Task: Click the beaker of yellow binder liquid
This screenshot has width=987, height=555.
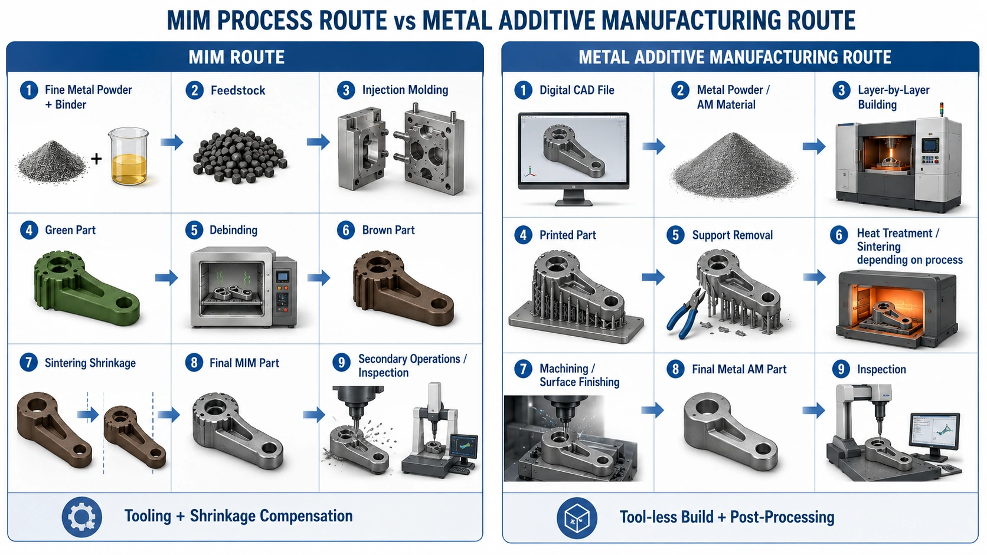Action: click(x=128, y=156)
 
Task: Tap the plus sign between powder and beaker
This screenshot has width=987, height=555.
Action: click(x=96, y=159)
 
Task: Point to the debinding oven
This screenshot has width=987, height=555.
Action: click(x=243, y=287)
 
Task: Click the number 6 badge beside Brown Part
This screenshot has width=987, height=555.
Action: click(x=346, y=230)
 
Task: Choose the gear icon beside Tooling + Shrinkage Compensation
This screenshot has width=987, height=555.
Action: click(x=82, y=517)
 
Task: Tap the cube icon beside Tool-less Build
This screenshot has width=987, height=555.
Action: click(x=577, y=518)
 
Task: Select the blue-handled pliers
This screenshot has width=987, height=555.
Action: click(x=685, y=313)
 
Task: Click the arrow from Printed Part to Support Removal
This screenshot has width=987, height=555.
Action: click(x=653, y=277)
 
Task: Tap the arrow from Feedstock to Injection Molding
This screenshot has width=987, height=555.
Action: click(x=318, y=142)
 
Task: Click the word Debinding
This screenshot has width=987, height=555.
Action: click(x=234, y=230)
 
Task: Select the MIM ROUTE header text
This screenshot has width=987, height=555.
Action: click(x=237, y=57)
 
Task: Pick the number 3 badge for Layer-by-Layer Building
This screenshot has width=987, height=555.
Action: click(x=841, y=91)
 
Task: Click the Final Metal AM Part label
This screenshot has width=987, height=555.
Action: click(x=739, y=369)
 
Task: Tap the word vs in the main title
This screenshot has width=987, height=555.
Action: click(x=404, y=22)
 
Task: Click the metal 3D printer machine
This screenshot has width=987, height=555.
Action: click(x=898, y=162)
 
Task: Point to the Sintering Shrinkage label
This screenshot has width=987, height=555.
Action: click(x=90, y=363)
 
